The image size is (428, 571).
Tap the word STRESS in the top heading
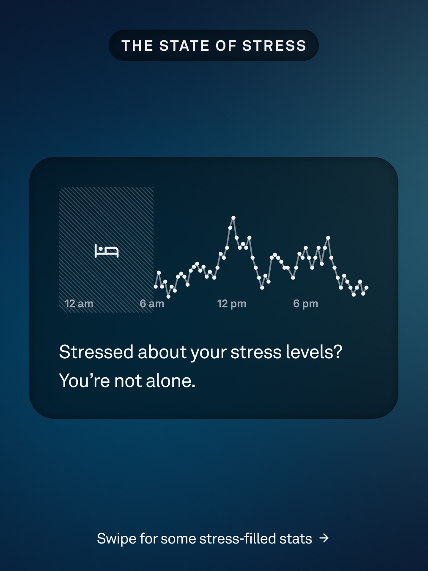click(x=274, y=46)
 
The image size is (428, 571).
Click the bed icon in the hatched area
click(x=107, y=251)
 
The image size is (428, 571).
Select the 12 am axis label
click(x=79, y=304)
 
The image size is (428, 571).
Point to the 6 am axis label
click(x=152, y=304)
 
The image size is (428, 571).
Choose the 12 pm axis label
click(x=232, y=304)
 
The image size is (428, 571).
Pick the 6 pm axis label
click(x=305, y=304)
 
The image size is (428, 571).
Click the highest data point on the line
click(x=233, y=218)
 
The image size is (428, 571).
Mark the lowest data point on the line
click(x=168, y=296)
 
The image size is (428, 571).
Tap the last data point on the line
click(x=366, y=288)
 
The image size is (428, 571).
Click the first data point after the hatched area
click(x=156, y=287)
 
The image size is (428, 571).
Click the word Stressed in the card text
click(x=96, y=352)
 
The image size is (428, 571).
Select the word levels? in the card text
click(x=314, y=352)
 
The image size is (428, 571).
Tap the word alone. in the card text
click(x=170, y=381)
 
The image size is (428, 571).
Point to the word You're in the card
click(x=85, y=381)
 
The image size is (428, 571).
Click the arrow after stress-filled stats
click(x=324, y=538)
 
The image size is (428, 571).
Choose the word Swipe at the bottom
click(x=116, y=539)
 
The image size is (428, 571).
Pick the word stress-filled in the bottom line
click(x=237, y=538)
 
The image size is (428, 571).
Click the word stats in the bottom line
click(x=296, y=539)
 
